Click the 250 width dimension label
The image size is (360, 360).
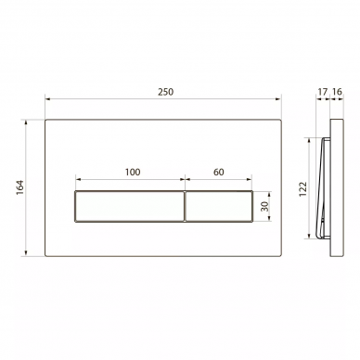pyautogui.click(x=166, y=92)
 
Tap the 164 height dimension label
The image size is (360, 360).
pyautogui.click(x=20, y=187)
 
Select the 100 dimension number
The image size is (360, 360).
pyautogui.click(x=133, y=172)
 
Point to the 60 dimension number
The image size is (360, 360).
pyautogui.click(x=219, y=172)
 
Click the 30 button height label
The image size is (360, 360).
pyautogui.click(x=264, y=206)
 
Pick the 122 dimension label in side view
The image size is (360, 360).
pyautogui.click(x=302, y=188)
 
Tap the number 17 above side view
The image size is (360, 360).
pyautogui.click(x=322, y=92)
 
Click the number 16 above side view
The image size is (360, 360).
pyautogui.click(x=337, y=92)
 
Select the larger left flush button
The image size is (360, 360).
pyautogui.click(x=130, y=206)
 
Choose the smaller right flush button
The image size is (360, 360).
pyautogui.click(x=219, y=206)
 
